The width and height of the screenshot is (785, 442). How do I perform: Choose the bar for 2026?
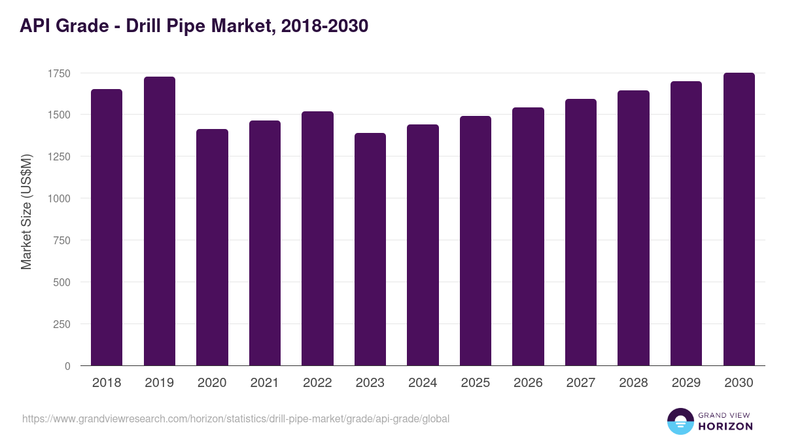[528, 236]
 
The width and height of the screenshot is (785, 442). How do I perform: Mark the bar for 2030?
[739, 219]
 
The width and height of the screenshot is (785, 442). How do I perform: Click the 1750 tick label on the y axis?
[59, 73]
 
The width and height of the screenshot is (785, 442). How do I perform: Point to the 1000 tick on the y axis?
[59, 198]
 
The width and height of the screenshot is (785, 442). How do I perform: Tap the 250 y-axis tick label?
[61, 324]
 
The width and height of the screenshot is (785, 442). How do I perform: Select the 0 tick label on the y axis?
[67, 366]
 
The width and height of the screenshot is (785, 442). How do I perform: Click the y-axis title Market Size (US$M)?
[26, 212]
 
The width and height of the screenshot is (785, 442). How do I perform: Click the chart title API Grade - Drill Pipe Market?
[194, 26]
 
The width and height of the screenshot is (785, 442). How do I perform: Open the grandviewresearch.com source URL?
[236, 418]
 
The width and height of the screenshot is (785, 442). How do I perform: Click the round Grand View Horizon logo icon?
[680, 421]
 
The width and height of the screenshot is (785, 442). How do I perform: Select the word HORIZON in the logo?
[725, 426]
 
